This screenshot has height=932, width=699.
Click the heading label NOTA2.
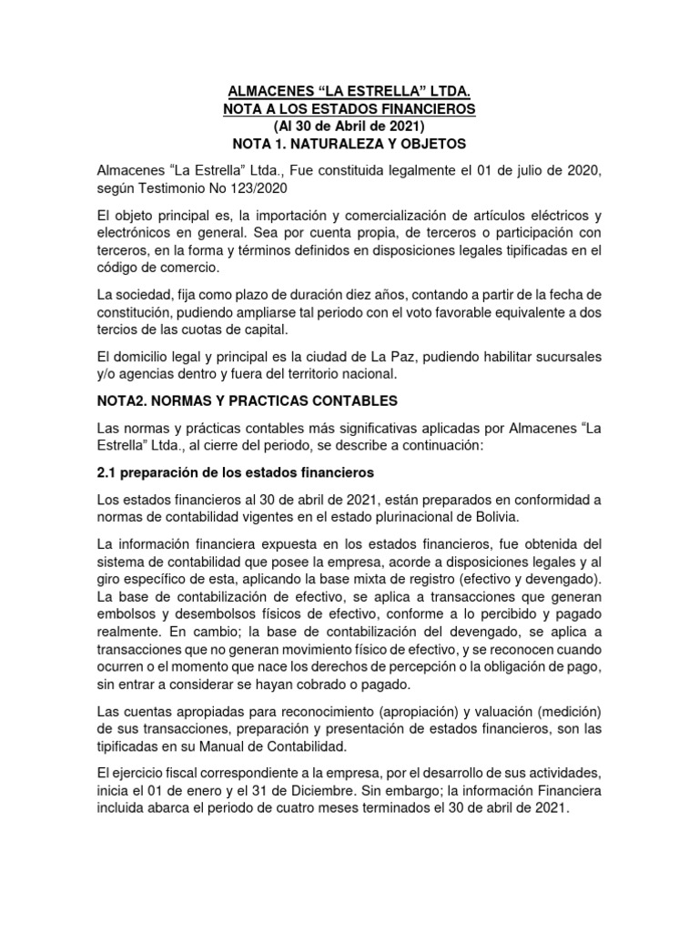pos(124,400)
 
